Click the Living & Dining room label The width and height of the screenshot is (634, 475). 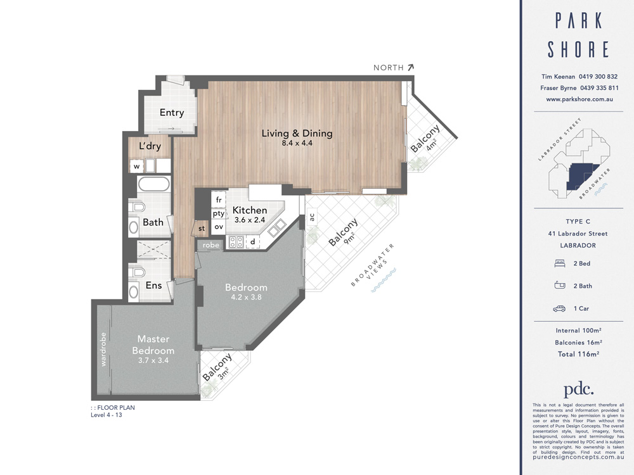[x=297, y=133]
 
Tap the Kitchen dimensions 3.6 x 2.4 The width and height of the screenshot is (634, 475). [x=249, y=220]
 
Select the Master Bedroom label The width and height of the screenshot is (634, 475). [x=153, y=345]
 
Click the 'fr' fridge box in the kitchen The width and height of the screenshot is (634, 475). [x=218, y=199]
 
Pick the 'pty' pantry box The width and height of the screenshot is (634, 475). [x=218, y=213]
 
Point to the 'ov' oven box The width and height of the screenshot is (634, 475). [x=218, y=226]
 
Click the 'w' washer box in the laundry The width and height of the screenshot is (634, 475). [x=136, y=167]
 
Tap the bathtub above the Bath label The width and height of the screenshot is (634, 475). [x=153, y=186]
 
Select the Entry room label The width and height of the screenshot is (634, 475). [x=172, y=113]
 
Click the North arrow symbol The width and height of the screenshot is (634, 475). [x=410, y=66]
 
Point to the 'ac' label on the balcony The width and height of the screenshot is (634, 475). [x=311, y=217]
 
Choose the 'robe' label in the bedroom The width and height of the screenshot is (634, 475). [x=211, y=244]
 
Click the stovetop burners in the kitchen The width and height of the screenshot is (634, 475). [x=236, y=241]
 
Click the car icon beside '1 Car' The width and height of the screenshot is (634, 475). [x=559, y=308]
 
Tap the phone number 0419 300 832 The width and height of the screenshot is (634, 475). [x=598, y=77]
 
